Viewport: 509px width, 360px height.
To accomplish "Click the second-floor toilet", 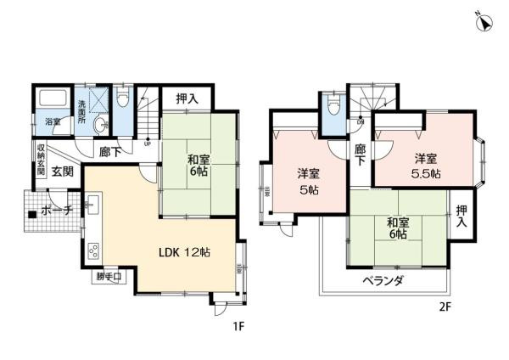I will (x=334, y=107).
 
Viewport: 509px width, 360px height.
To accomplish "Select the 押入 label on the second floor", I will (x=461, y=216).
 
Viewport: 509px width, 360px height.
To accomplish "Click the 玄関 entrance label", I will (x=62, y=172).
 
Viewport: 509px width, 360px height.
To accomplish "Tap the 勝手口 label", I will (x=109, y=276).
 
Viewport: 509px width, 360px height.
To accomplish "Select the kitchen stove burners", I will (x=94, y=251).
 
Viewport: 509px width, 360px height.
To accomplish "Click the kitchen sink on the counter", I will (x=92, y=207).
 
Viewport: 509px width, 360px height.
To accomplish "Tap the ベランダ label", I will (x=382, y=280).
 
